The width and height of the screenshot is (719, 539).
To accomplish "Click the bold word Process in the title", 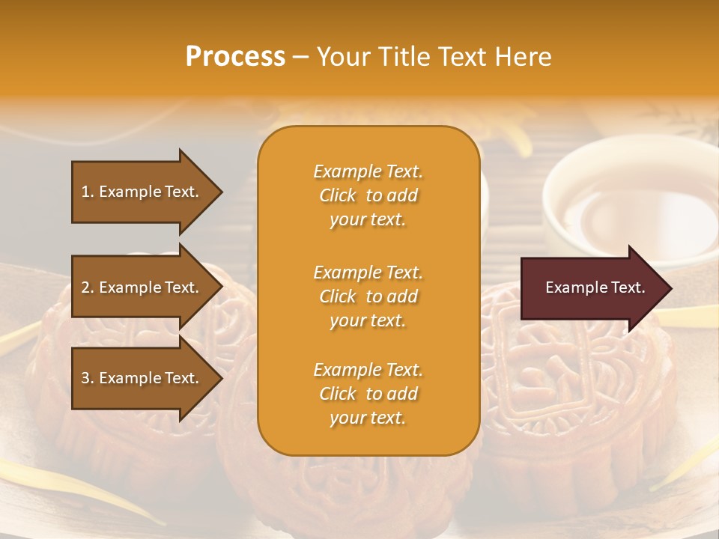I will click(235, 57).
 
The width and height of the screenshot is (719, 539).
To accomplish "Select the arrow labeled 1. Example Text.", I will click(142, 192).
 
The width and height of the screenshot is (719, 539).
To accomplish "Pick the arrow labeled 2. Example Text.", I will click(142, 287).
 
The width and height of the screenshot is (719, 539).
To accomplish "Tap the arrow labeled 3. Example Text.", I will click(142, 378).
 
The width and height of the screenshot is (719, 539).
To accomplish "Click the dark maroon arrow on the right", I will click(592, 288).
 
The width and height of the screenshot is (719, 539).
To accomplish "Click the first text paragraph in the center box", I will click(368, 195).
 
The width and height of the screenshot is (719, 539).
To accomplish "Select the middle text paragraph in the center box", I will click(368, 296).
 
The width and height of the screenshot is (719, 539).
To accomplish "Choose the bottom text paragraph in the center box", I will click(368, 394).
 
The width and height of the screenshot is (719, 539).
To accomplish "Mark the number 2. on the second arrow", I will click(88, 287).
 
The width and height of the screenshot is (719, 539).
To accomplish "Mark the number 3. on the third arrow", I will click(88, 378).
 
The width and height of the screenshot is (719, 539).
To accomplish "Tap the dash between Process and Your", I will click(300, 58).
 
